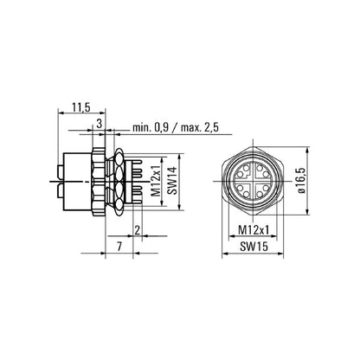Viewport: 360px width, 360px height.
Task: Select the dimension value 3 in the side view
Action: point(100,125)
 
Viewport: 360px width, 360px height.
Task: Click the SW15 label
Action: point(251,247)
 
